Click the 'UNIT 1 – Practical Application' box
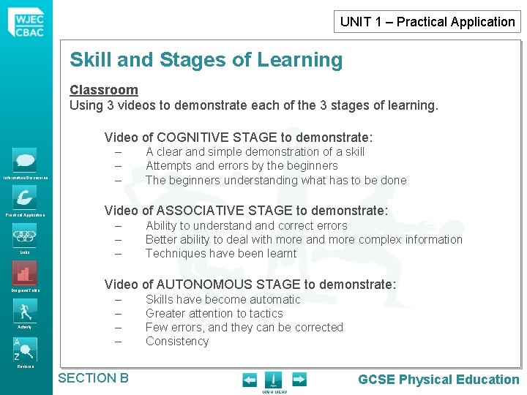coord(427,21)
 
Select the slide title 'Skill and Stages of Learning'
coord(206,60)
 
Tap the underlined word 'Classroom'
coord(104,90)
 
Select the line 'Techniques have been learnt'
coord(221,254)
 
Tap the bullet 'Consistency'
coord(177,342)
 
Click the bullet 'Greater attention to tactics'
coord(214,313)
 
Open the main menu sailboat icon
coord(273,380)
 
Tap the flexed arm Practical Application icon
coord(24,198)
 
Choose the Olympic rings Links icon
coord(24,236)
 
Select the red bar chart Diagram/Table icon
coord(24,274)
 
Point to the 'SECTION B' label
coord(93,378)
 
